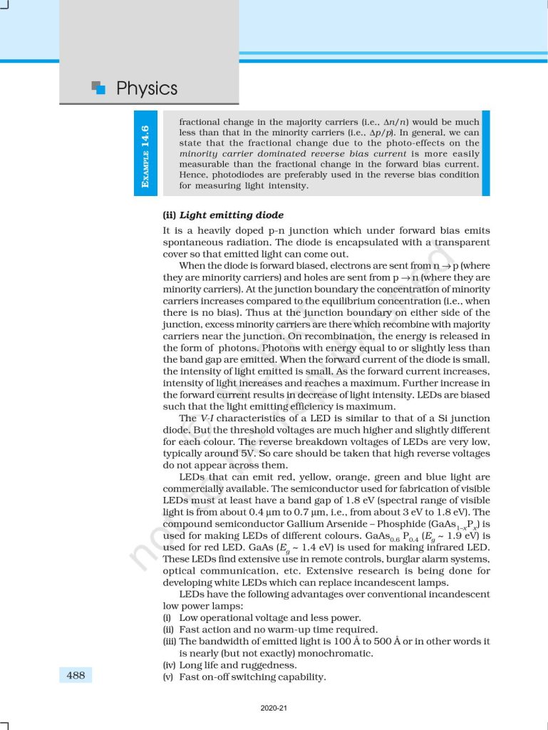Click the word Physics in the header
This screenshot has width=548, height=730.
[x=146, y=88]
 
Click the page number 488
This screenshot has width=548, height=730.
[x=76, y=674]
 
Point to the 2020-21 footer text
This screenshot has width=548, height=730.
[x=274, y=709]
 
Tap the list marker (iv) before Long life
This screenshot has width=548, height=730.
[x=170, y=665]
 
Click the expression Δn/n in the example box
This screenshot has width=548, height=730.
[x=396, y=122]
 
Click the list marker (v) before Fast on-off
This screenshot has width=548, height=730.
[x=170, y=677]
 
